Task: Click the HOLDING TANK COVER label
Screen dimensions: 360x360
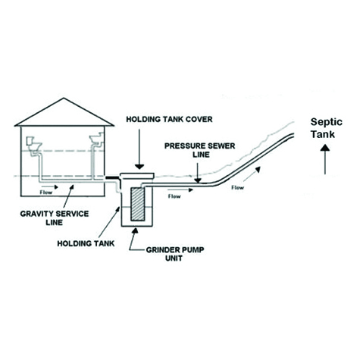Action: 169,119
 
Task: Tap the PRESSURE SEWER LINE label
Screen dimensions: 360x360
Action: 200,150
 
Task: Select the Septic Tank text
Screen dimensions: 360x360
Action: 327,128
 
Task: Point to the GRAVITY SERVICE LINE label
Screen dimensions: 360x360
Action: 55,218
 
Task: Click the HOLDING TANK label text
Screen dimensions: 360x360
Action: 86,243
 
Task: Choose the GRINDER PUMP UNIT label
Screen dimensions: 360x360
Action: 175,254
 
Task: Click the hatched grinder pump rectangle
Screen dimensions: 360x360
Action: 137,204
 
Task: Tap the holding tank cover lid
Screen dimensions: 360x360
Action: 137,176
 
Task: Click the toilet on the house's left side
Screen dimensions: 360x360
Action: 34,146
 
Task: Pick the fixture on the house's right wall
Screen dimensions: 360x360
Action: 97,140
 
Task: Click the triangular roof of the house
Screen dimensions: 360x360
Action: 64,112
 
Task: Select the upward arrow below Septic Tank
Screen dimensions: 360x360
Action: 325,159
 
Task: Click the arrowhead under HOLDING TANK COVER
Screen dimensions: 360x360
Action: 139,167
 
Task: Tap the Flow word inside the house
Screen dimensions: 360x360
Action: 46,193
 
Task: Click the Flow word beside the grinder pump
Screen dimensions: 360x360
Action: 174,196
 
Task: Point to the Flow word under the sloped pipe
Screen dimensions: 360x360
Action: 238,188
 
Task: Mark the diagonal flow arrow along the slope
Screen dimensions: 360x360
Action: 252,174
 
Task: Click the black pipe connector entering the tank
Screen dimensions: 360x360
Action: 112,178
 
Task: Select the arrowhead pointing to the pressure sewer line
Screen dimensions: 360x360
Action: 198,180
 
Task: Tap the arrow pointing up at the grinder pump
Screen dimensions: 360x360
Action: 133,239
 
